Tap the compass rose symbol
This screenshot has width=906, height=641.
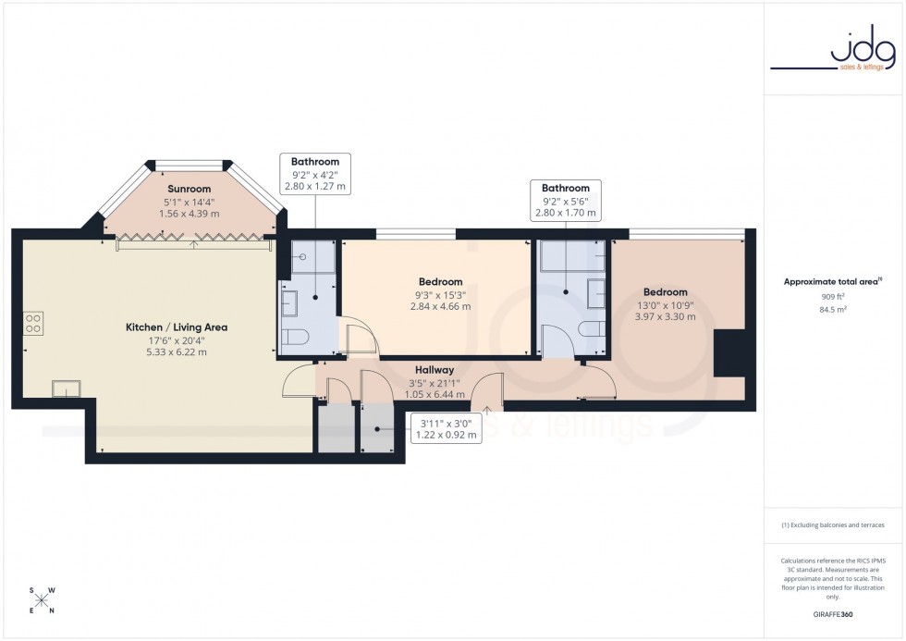click(43, 600)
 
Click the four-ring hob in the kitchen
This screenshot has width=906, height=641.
click(32, 323)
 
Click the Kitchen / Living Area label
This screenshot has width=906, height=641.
click(177, 327)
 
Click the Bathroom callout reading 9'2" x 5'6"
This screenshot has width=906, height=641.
click(566, 201)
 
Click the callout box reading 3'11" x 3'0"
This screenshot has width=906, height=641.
click(446, 427)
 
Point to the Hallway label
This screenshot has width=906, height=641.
click(434, 369)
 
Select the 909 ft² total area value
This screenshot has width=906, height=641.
click(833, 297)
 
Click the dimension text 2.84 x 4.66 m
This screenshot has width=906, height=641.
click(440, 306)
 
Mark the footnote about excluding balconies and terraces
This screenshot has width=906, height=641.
click(833, 524)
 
